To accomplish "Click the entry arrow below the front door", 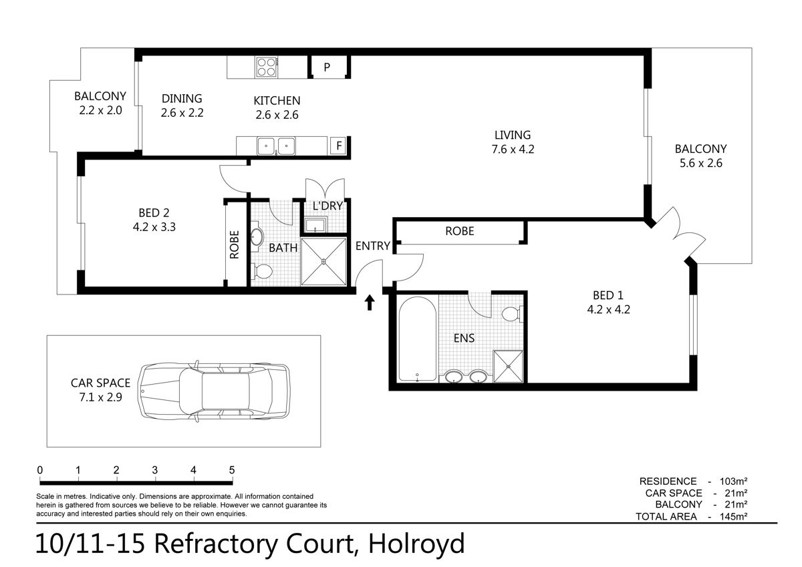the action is [x=370, y=303].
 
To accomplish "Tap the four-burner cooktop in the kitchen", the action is [x=267, y=67].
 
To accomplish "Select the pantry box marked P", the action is [x=328, y=67].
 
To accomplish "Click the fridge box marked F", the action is [x=338, y=146].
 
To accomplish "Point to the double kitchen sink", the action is [x=276, y=146].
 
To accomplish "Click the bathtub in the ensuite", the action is [x=418, y=338].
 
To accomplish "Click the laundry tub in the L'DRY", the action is [x=315, y=224].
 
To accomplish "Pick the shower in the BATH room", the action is [x=323, y=262].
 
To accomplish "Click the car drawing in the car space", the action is [x=214, y=391].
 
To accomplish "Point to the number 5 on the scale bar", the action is [x=232, y=469].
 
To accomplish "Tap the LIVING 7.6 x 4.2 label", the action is [x=513, y=142].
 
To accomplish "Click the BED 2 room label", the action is [x=154, y=220].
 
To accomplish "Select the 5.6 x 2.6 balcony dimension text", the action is [x=701, y=163].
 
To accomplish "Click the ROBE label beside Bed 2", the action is [x=234, y=244].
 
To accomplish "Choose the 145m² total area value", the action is [x=733, y=516].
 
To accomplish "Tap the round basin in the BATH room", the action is [x=257, y=236].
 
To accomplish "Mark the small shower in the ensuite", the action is [x=508, y=367].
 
